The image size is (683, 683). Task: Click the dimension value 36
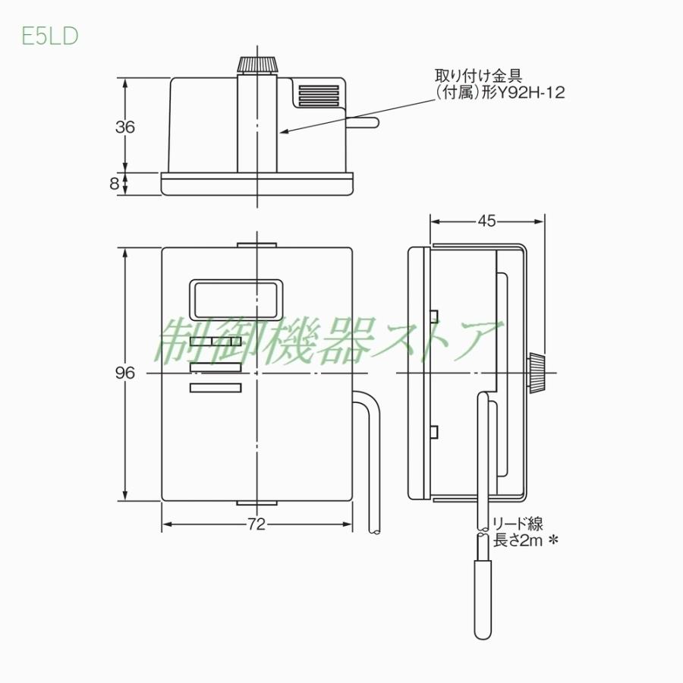[x=125, y=127]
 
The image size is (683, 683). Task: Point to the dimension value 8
[x=114, y=183]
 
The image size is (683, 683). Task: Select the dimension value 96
[x=125, y=373]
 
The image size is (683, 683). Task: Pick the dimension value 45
[x=486, y=221]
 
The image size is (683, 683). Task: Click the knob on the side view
[x=536, y=373]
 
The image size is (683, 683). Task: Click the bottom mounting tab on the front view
[x=257, y=503]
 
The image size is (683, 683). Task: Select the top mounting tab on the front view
[x=257, y=245]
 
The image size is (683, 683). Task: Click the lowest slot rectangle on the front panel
[x=216, y=389]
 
